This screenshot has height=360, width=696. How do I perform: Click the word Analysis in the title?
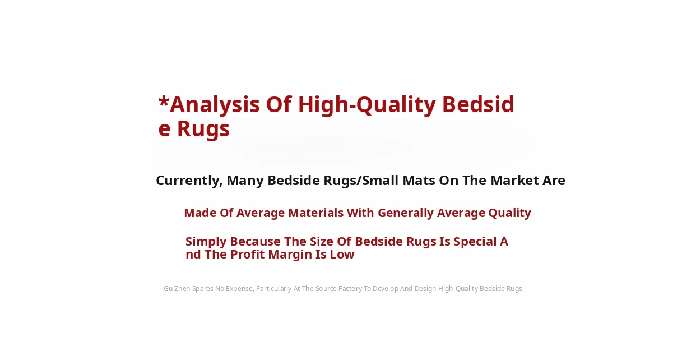click(x=215, y=105)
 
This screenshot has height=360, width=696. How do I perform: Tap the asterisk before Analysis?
click(x=164, y=101)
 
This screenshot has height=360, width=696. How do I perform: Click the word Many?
click(x=245, y=181)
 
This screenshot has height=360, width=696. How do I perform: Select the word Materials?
click(x=315, y=213)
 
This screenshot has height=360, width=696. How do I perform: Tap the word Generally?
click(x=406, y=213)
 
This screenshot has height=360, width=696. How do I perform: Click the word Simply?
click(x=206, y=242)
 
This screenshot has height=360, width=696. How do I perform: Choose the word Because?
click(x=255, y=242)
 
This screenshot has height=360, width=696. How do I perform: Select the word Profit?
click(x=247, y=255)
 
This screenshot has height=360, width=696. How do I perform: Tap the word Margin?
click(x=290, y=255)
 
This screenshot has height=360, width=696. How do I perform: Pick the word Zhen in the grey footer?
click(x=182, y=289)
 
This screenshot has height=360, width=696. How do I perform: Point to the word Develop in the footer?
click(x=386, y=289)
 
